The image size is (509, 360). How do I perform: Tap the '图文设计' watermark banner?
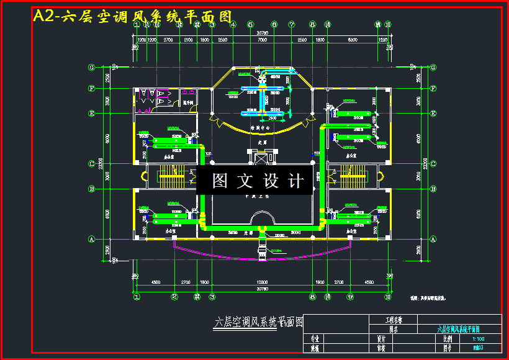[259, 181]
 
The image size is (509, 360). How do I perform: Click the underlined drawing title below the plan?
[258, 322]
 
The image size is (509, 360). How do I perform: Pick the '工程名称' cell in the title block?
[394, 320]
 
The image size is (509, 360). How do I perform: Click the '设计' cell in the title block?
[381, 339]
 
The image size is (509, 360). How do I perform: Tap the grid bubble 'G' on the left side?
[91, 67]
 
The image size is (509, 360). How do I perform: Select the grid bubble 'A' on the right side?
[433, 239]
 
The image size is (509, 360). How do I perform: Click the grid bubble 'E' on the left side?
[91, 114]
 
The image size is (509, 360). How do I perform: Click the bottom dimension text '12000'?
[263, 282]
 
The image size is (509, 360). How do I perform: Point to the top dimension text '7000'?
[263, 40]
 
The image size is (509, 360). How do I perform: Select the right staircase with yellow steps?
[351, 178]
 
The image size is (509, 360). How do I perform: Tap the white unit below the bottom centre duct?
[261, 251]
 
